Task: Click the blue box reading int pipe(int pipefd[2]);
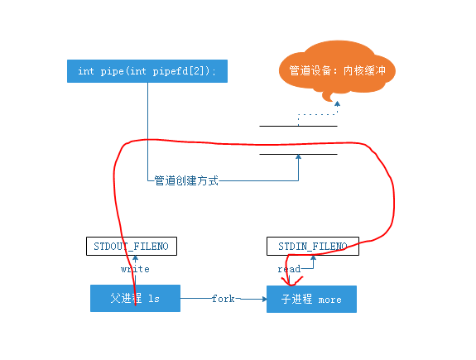tap(147, 70)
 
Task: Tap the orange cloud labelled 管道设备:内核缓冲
tap(336, 71)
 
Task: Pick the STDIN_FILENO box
tap(313, 246)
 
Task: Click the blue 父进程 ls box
tap(135, 299)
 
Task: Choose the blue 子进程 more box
tap(311, 299)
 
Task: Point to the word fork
tap(224, 298)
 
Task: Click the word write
tap(135, 269)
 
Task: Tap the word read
tap(289, 269)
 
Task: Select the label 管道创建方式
tap(186, 180)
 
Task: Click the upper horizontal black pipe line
tap(298, 126)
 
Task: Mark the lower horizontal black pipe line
tap(298, 154)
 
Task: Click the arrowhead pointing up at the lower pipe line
tap(298, 159)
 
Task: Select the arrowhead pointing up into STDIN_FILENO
tap(313, 258)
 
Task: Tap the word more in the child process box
tap(329, 300)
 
